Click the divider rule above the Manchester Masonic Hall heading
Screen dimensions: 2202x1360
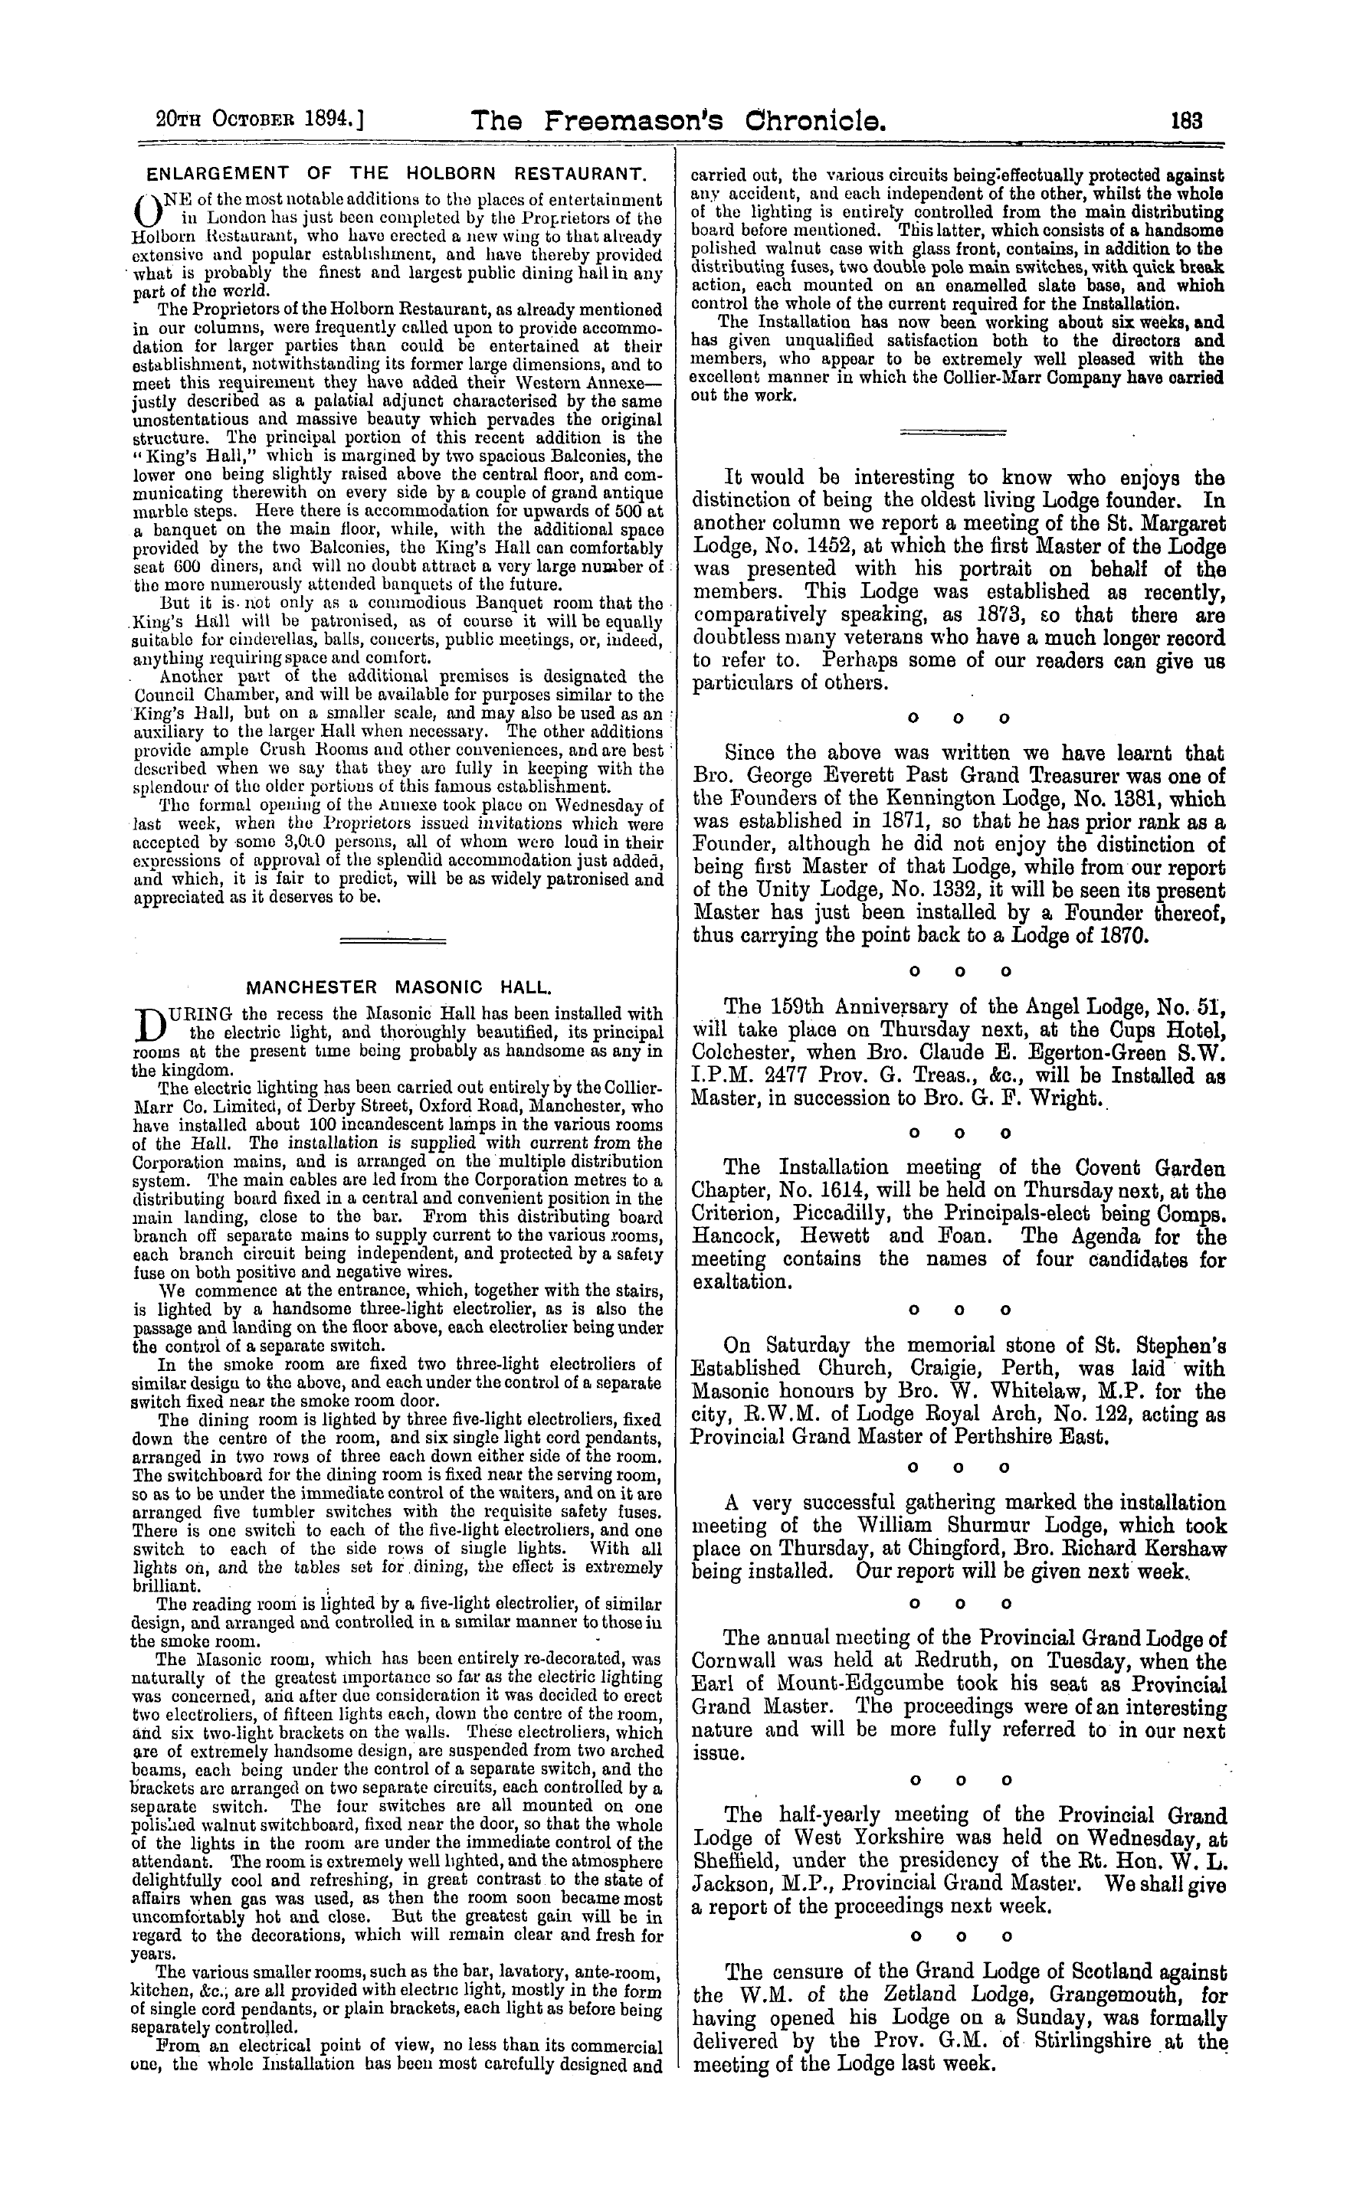coord(392,941)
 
